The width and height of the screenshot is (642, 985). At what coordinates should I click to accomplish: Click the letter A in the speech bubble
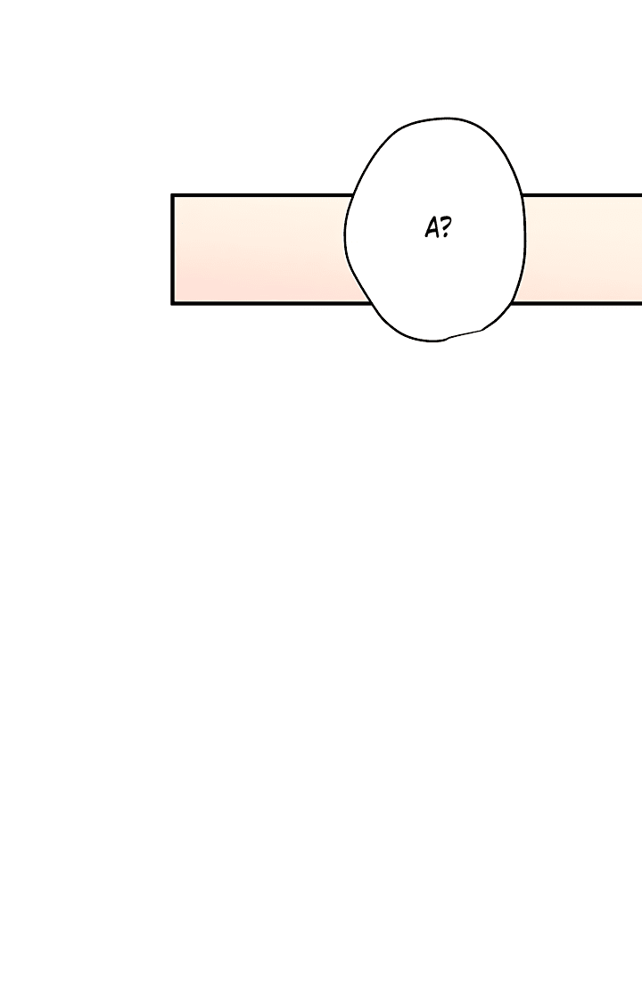pos(432,228)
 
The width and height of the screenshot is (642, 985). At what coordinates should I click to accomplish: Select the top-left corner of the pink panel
pos(173,195)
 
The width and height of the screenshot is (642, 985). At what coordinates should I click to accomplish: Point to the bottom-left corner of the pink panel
pos(173,303)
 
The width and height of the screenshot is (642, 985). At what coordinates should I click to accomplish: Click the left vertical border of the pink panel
pos(173,250)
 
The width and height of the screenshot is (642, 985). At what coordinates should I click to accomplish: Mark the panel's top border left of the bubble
pos(263,195)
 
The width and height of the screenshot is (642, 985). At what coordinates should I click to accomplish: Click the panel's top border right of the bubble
pos(581,195)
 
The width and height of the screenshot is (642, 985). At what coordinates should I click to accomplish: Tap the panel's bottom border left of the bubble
pos(271,303)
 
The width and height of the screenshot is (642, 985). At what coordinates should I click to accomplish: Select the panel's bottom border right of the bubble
pos(577,303)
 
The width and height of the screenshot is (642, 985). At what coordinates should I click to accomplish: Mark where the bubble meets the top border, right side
pos(522,195)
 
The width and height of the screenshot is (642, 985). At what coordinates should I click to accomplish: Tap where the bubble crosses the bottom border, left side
pos(371,303)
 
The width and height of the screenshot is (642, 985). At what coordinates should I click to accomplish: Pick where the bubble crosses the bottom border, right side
pos(513,303)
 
